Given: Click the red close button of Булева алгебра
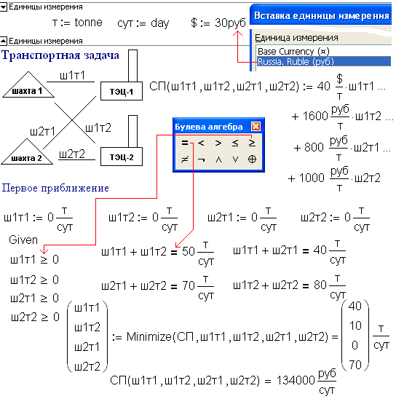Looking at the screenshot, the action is pyautogui.click(x=256, y=126).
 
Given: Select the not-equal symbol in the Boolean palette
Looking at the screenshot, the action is pyautogui.click(x=185, y=159).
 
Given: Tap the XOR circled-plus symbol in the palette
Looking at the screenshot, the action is pyautogui.click(x=252, y=159).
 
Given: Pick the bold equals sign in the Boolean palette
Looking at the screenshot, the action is pyautogui.click(x=185, y=143).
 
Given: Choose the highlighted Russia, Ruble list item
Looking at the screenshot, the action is pyautogui.click(x=323, y=62).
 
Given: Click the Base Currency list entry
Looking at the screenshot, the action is pyautogui.click(x=293, y=52).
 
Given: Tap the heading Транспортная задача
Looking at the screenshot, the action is pyautogui.click(x=60, y=55).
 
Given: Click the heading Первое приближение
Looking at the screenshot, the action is pyautogui.click(x=55, y=188).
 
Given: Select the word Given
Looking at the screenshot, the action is pyautogui.click(x=23, y=240).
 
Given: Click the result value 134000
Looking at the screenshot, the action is pyautogui.click(x=296, y=381).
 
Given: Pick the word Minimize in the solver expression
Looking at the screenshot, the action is pyautogui.click(x=149, y=337).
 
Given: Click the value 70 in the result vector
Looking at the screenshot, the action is pyautogui.click(x=355, y=365).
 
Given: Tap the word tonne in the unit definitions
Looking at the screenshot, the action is pyautogui.click(x=89, y=23).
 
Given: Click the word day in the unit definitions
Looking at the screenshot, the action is pyautogui.click(x=159, y=24).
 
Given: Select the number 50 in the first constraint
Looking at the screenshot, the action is pyautogui.click(x=189, y=252).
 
